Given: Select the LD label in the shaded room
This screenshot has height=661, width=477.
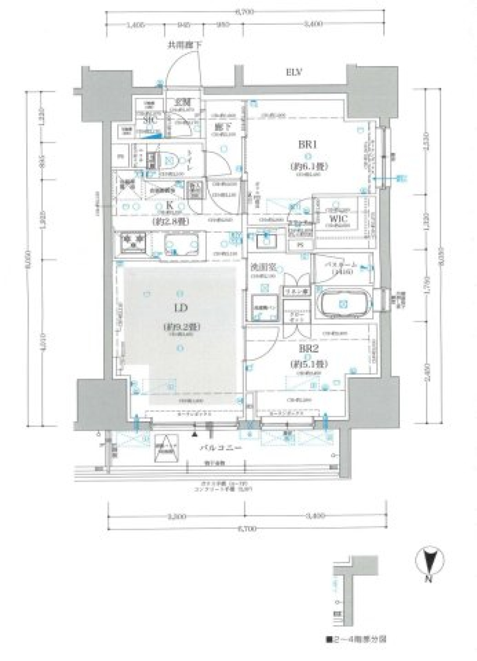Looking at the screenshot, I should [x=180, y=308].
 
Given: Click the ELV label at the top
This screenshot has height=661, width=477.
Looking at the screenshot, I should [x=294, y=72].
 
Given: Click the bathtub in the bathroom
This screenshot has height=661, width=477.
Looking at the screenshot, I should [x=343, y=303].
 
